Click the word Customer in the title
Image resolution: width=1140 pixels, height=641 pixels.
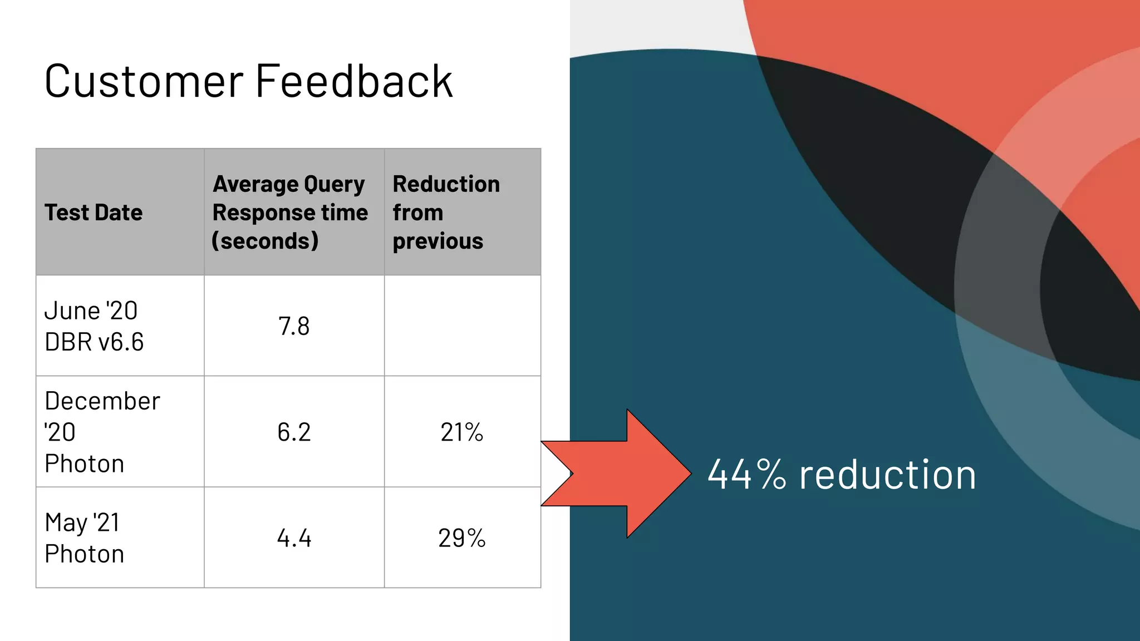pos(144,82)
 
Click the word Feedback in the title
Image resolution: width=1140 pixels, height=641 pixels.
pos(354,82)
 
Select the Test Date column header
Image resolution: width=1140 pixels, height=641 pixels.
pos(94,213)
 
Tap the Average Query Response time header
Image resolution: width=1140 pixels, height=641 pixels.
pos(290,213)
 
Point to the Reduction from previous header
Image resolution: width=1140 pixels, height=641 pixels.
pos(446,213)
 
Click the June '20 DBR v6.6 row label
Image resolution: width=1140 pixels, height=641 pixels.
pos(94,326)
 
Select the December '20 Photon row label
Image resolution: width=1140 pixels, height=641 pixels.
pos(102,432)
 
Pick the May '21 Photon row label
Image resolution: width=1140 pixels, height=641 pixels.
pos(84,538)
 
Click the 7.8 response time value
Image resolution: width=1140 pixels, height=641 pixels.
pos(294,326)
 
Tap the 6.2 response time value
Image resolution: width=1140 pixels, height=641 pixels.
pos(294,432)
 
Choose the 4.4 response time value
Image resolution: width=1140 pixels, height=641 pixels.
pos(294,538)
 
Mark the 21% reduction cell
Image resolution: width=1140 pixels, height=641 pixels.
pos(461,432)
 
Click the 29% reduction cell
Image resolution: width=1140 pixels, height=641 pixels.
pos(461,538)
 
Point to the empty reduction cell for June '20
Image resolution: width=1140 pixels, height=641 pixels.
pos(462,326)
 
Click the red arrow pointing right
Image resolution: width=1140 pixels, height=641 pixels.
pos(623,474)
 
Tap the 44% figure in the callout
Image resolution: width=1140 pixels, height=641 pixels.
pos(746,475)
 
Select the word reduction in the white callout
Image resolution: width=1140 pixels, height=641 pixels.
pos(887,475)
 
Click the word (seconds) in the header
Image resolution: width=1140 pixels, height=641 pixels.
pos(265,241)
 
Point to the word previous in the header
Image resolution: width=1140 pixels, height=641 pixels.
pos(438,241)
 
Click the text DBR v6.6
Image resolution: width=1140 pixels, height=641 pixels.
pos(94,342)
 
